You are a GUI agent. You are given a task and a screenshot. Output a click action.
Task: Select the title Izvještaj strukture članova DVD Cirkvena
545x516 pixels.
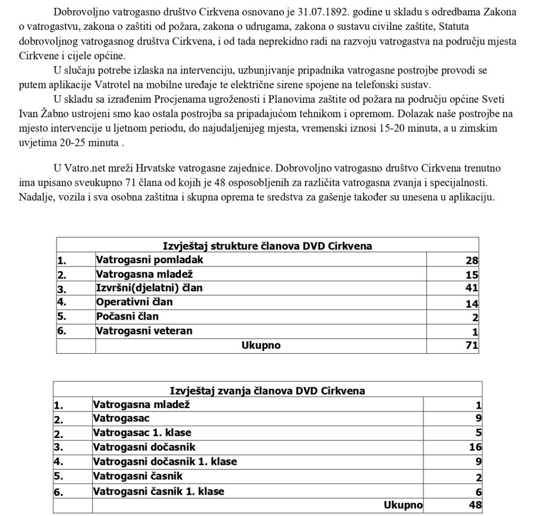(267, 245)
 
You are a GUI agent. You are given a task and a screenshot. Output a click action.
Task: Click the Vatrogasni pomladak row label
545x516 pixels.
(150, 260)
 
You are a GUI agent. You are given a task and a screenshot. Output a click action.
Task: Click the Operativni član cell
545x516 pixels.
(134, 302)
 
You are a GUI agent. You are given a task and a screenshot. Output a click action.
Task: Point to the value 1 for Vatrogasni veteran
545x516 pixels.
(475, 332)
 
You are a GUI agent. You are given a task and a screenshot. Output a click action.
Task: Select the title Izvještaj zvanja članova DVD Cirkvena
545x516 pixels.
(267, 390)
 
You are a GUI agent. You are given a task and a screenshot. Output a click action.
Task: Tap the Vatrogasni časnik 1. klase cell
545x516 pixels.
(158, 491)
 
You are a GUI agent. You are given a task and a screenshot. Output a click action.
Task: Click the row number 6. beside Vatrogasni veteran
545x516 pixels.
(62, 332)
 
